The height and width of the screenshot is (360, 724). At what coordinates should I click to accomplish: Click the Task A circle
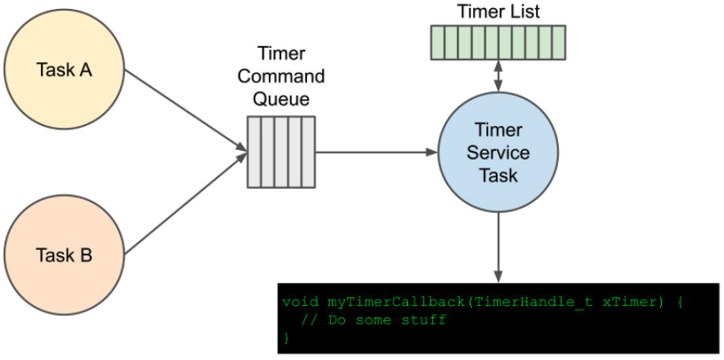tap(64, 69)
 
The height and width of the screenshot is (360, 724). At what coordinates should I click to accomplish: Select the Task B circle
tap(64, 255)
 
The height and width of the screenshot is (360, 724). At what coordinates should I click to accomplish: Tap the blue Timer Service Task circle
tap(498, 152)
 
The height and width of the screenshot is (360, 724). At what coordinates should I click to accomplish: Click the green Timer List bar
tap(498, 42)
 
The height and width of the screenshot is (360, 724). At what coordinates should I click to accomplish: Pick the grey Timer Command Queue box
tap(281, 152)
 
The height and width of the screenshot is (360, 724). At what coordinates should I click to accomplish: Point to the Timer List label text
tap(498, 12)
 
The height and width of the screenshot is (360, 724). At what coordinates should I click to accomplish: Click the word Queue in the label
tap(281, 98)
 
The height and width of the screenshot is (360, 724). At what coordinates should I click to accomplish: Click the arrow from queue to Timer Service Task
tap(376, 152)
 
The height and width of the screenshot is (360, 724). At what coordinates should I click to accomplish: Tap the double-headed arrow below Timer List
tap(498, 75)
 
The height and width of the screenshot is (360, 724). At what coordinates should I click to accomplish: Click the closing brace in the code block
tap(286, 337)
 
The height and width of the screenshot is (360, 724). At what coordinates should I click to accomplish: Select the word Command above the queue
tap(281, 76)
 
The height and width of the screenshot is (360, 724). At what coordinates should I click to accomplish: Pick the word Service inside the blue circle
tap(498, 152)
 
